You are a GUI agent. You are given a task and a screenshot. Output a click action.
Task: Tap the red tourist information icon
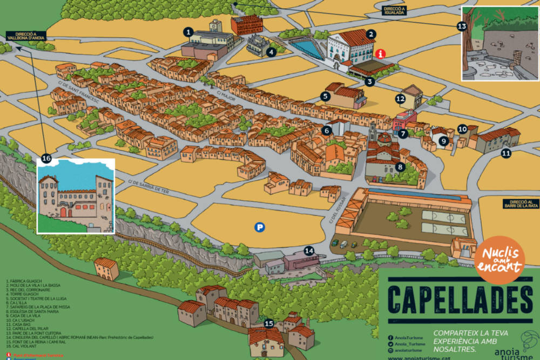point(381,53)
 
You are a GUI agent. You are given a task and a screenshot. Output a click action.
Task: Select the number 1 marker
point(188,32)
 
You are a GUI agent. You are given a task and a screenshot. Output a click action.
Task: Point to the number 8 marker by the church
point(400,167)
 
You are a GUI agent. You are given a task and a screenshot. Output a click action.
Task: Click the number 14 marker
point(309,250)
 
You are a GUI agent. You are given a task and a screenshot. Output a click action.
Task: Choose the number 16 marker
point(46,158)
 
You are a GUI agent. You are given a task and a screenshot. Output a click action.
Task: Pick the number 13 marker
point(462,26)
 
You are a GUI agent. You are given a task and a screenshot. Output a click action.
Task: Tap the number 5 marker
point(325,97)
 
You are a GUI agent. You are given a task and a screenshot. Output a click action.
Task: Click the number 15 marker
point(269,324)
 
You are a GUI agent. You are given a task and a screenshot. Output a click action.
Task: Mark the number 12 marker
point(400,99)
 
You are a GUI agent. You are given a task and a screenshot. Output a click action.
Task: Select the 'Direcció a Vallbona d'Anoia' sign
point(25,36)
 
